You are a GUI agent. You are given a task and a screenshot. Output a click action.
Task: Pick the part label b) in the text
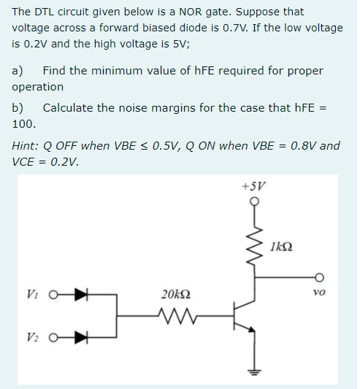pos(18,107)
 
